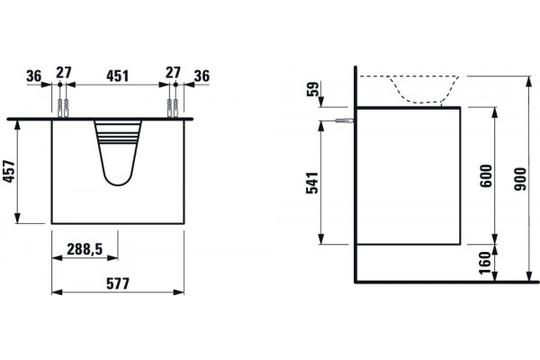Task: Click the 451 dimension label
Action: click(117, 76)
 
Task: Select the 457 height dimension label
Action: click(10, 172)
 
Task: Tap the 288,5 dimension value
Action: click(85, 249)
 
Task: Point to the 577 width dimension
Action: click(118, 283)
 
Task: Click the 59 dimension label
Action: click(313, 90)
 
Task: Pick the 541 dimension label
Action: click(312, 183)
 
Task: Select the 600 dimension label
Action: click(486, 176)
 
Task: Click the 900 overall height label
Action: click(520, 179)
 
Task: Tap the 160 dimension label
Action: click(485, 263)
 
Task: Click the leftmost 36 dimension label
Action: click(34, 76)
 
